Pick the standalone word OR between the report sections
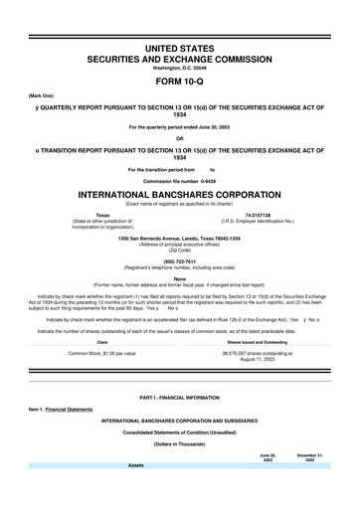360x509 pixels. coord(180,137)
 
